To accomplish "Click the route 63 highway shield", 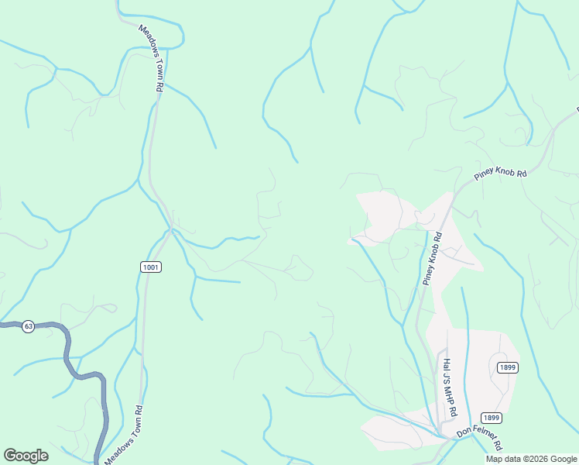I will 29,326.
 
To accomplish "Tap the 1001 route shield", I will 151,267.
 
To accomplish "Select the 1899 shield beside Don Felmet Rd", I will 491,418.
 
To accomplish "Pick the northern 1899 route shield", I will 508,367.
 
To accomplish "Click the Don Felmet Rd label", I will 479,437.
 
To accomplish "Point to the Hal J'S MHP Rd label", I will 447,384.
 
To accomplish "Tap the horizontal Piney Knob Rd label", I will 500,174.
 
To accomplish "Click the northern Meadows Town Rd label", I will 151,59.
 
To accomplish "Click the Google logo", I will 26,456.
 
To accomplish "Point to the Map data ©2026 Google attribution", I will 531,459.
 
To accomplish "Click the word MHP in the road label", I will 447,394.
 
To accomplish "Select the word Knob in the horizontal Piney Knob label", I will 504,173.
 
